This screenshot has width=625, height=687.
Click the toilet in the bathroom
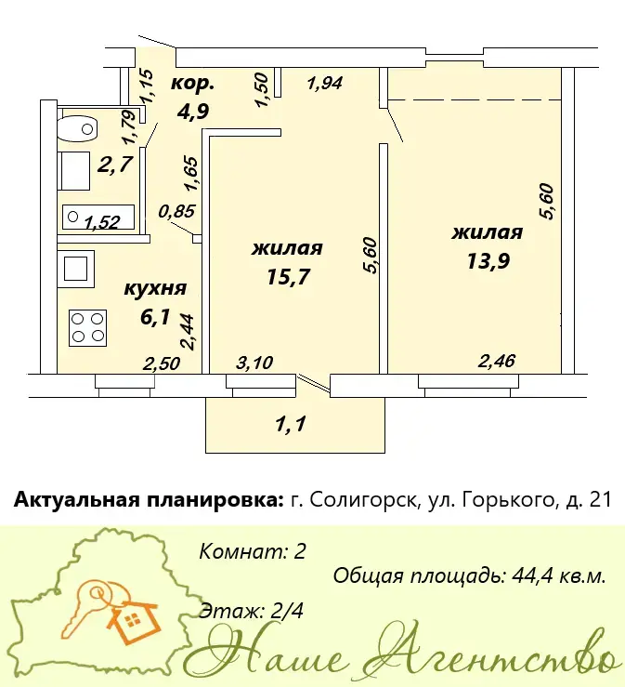point(77,128)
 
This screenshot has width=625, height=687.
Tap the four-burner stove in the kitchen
point(87,328)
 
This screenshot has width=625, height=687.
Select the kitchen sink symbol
point(76,269)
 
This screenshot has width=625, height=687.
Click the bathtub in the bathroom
point(98,217)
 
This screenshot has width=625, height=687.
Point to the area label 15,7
point(288,276)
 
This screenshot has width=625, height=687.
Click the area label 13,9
point(488,261)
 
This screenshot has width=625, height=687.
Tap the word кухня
point(155,289)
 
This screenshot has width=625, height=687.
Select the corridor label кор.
point(192,84)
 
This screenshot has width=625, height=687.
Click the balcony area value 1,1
point(291,424)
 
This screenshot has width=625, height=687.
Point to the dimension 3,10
point(254,363)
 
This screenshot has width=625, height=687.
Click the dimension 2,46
point(496,362)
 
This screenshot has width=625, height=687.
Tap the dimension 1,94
point(325,83)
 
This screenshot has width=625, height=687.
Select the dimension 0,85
point(176,211)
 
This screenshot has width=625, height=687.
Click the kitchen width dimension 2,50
point(162,363)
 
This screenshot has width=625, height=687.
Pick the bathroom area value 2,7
point(114,165)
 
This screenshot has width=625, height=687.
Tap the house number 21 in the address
point(601,500)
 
